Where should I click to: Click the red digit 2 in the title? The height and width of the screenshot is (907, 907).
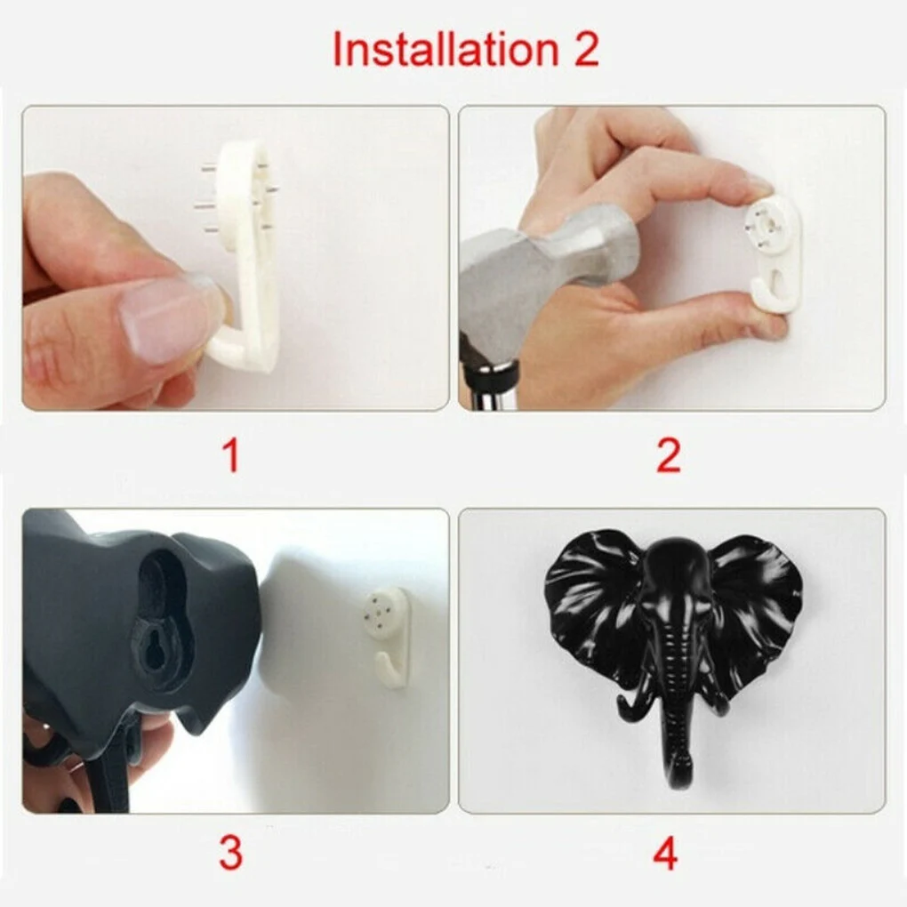583,50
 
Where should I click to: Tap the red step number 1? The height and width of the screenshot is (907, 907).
230,456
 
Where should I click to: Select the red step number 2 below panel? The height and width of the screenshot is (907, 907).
668,456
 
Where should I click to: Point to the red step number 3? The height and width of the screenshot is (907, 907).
230,854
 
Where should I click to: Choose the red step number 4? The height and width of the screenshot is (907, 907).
665,854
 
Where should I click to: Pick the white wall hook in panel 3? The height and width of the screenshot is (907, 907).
389,636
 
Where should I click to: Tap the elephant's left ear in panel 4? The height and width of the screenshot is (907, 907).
591,605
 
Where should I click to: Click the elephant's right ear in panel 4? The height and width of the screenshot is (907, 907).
756,605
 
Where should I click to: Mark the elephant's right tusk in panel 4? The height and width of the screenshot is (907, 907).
718,702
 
